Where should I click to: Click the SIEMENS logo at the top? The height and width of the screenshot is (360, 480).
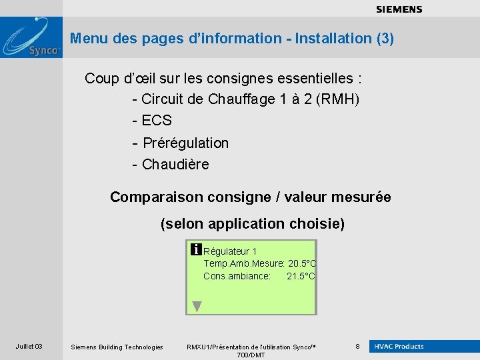(399, 9)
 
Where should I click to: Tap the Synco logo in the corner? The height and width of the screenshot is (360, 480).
(31, 39)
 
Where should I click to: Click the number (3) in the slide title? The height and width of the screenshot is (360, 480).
(385, 39)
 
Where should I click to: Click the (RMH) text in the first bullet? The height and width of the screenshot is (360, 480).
(338, 100)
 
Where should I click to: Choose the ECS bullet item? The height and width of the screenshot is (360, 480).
(157, 121)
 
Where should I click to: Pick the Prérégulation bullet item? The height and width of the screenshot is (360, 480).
(185, 143)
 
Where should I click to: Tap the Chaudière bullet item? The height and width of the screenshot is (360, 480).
(175, 164)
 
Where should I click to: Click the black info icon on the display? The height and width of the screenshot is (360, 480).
(196, 250)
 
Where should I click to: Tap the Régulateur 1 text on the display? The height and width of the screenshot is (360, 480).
(230, 251)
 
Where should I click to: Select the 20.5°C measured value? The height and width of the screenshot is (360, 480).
(302, 263)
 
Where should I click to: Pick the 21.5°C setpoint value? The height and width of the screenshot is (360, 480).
(301, 276)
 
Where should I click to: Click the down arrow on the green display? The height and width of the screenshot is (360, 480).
(197, 306)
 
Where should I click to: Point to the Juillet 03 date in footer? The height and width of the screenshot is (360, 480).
(29, 347)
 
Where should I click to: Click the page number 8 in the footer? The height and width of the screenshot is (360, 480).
(357, 347)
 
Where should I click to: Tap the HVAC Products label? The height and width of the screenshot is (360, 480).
(399, 347)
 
